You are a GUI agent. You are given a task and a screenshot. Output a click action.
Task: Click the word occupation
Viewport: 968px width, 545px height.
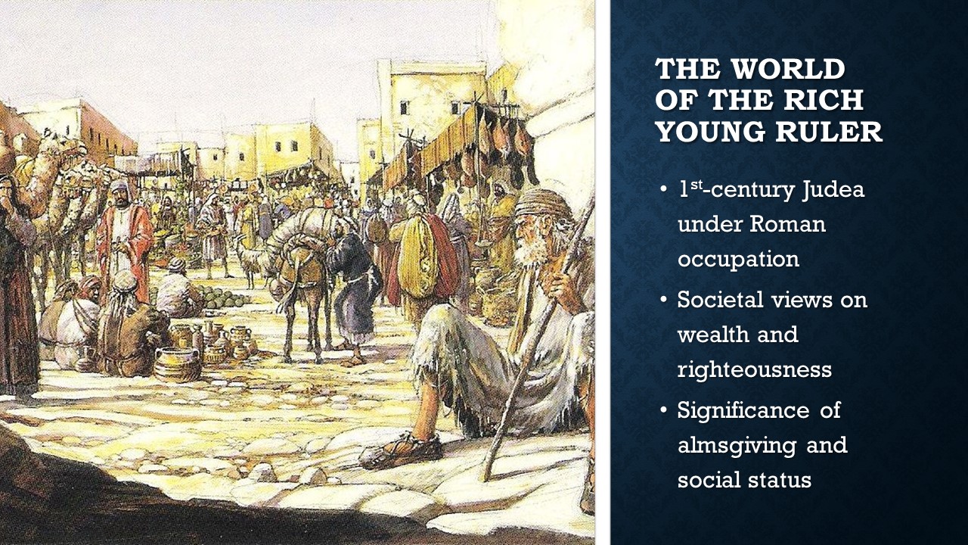tap(739, 260)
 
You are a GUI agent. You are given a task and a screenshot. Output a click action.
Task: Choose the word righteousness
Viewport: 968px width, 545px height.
tap(755, 370)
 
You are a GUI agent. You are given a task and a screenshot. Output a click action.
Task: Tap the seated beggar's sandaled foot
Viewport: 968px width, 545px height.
tap(402, 452)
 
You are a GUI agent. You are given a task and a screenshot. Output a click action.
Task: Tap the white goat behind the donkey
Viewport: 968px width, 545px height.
tap(247, 262)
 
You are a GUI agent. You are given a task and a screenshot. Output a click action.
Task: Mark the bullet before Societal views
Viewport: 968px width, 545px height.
tap(664, 301)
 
